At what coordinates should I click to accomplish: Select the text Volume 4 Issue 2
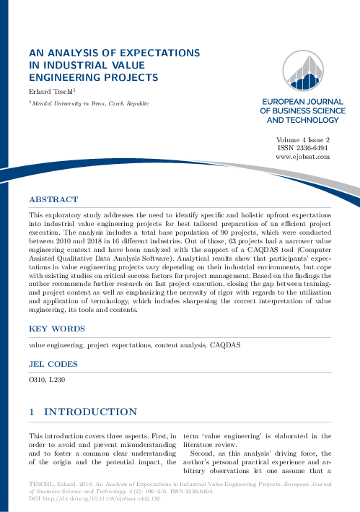coord(303,139)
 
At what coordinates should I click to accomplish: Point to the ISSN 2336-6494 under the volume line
coord(303,147)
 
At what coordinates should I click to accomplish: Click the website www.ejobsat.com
coord(303,156)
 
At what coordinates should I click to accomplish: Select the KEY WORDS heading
coord(56,329)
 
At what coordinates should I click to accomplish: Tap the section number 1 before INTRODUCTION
coord(32,412)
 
